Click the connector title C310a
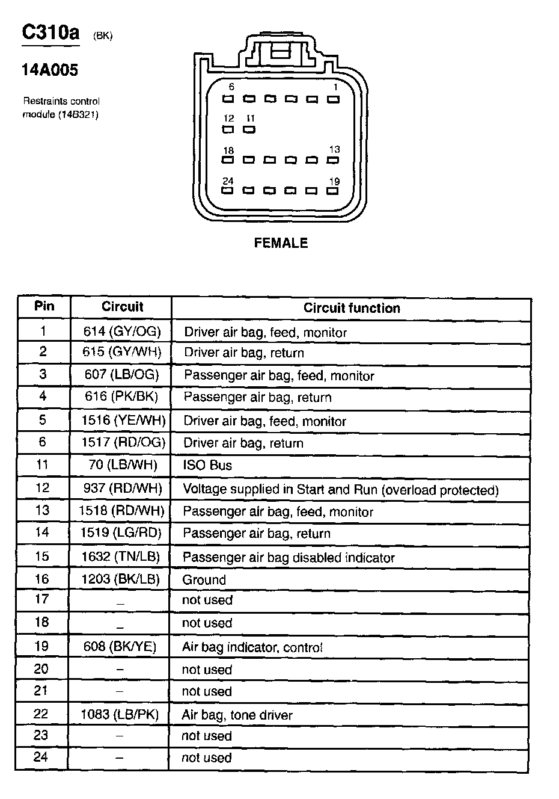pos(50,32)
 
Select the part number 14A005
pos(50,70)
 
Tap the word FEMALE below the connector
pos(281,243)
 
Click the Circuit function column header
pos(351,308)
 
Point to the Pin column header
pos(44,306)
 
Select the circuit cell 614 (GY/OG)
pos(123,331)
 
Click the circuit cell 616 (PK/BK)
pos(122,397)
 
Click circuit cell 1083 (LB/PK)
pos(120,715)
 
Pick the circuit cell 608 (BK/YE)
pos(120,647)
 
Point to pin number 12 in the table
pos(42,488)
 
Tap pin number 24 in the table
pos(41,757)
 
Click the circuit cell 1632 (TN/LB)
pos(121,557)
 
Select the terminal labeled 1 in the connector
pos(333,99)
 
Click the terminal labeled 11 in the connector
pos(249,129)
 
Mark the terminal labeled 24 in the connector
pos(228,191)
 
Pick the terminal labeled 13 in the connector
pos(333,160)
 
